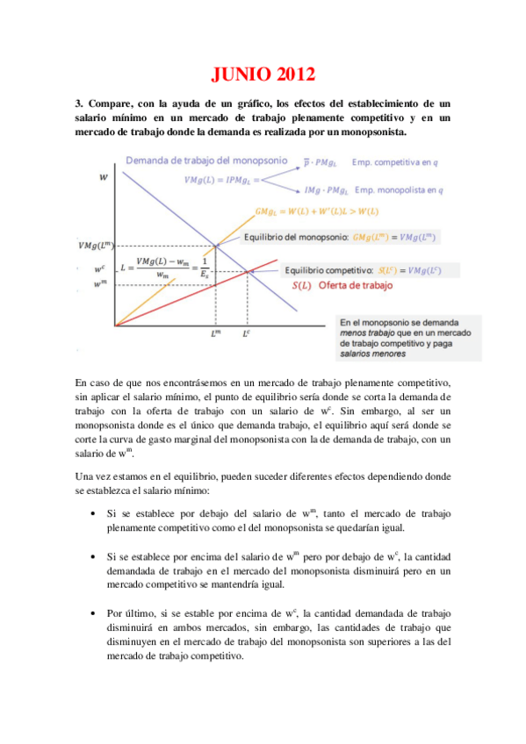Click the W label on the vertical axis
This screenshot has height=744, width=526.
coord(104,177)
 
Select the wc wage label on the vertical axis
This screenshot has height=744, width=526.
coord(100,269)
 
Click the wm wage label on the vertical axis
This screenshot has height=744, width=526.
coord(100,283)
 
